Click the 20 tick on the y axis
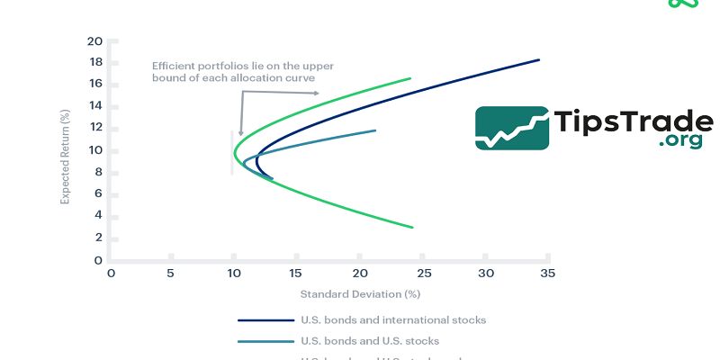pyautogui.click(x=95, y=41)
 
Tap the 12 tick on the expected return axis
pyautogui.click(x=95, y=129)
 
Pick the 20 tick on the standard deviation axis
pyautogui.click(x=360, y=273)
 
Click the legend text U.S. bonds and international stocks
pyautogui.click(x=392, y=319)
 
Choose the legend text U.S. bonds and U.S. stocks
pyautogui.click(x=371, y=341)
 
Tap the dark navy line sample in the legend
pyautogui.click(x=265, y=319)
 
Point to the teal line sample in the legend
pyautogui.click(x=265, y=341)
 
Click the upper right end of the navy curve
pyautogui.click(x=538, y=60)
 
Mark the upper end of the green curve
pyautogui.click(x=409, y=78)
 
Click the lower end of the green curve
pyautogui.click(x=412, y=227)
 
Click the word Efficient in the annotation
pyautogui.click(x=170, y=66)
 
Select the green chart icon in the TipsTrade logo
pyautogui.click(x=511, y=128)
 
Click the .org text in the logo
pyautogui.click(x=679, y=140)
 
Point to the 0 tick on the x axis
pyautogui.click(x=112, y=273)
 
